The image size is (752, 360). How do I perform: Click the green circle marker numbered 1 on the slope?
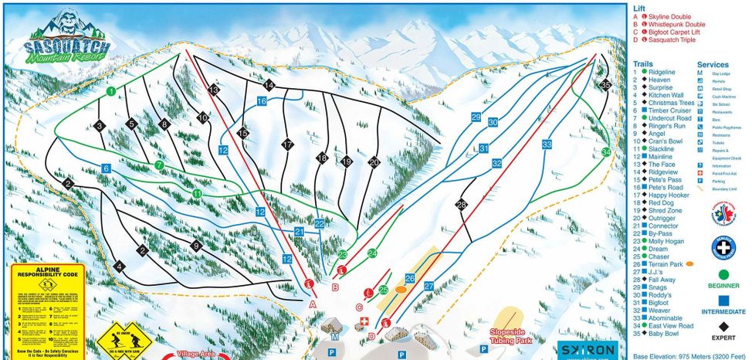[111, 91]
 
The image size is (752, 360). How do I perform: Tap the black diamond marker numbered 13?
[213, 90]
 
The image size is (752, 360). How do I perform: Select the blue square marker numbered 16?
[263, 101]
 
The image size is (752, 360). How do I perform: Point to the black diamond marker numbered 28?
[462, 205]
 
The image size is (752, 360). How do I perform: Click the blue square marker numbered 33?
[547, 144]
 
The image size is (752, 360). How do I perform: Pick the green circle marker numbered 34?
[606, 152]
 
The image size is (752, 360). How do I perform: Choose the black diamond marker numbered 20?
[374, 162]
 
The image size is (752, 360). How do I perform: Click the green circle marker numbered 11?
[197, 193]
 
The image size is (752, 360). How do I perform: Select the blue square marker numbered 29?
[476, 117]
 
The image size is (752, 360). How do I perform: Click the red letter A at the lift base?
[313, 304]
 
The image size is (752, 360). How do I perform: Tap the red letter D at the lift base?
[371, 336]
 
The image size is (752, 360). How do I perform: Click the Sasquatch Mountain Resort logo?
[66, 39]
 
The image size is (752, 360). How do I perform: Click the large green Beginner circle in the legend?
[723, 274]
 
